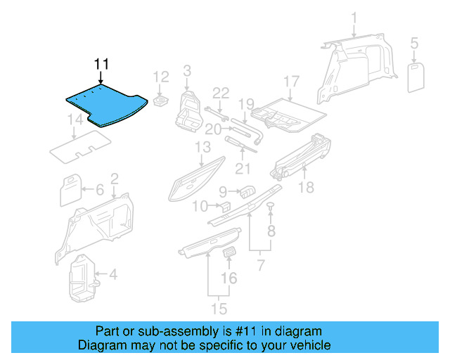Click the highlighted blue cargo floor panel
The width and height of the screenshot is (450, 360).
(105, 104)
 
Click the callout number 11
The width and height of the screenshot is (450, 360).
(101, 65)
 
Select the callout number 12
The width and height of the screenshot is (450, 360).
(161, 77)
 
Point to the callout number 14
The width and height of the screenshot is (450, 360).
(75, 122)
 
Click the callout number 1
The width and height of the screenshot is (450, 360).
(354, 18)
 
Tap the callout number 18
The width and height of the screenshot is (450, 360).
(305, 187)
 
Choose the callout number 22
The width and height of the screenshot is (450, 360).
(221, 94)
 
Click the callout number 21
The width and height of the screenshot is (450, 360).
(242, 168)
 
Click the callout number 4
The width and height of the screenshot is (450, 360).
(112, 274)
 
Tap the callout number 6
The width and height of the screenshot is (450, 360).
(99, 189)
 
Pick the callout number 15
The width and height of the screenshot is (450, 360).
(220, 308)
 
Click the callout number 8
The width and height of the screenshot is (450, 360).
(271, 231)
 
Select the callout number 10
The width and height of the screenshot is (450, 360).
(200, 206)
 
